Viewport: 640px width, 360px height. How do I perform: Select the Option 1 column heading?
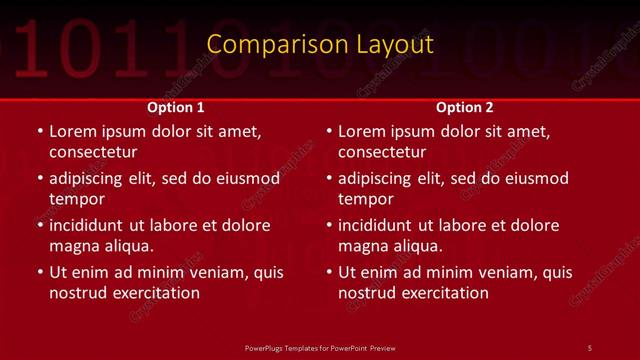176,107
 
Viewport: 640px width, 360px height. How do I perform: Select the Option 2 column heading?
465,107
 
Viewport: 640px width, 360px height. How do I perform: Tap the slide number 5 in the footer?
590,347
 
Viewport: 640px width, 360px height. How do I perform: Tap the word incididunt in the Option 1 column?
90,226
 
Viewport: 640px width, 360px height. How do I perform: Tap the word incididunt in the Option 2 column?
379,226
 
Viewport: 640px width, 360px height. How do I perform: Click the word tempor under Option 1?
72,199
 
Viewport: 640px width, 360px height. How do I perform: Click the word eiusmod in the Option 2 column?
535,179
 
